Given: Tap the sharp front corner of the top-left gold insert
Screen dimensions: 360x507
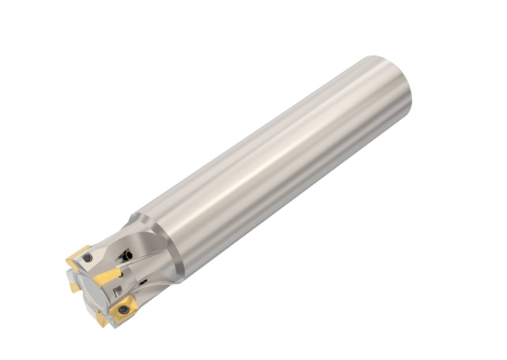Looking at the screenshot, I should [67, 261].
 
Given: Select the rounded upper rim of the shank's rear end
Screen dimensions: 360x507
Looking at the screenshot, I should [380, 59].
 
